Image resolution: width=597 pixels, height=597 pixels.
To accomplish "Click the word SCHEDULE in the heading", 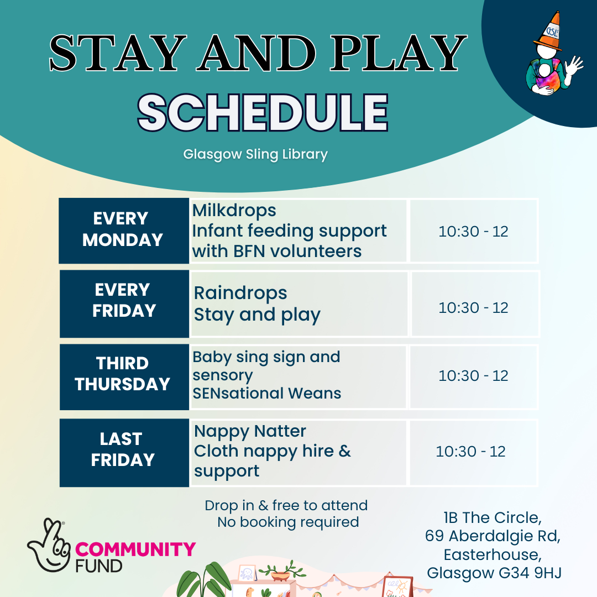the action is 263,113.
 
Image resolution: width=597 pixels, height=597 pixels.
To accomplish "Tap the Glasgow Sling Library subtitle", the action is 255,154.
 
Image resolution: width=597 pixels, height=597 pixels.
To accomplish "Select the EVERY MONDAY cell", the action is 124,231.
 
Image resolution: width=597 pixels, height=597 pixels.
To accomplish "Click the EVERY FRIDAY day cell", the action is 124,304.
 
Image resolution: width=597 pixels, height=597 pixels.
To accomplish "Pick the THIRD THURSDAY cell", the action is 124,377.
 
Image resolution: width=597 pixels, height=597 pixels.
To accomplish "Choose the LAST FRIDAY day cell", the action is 124,453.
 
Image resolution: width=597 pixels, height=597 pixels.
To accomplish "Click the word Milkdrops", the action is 234,211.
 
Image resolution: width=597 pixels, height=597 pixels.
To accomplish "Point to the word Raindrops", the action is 240,293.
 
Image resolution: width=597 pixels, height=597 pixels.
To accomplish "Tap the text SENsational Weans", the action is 266,394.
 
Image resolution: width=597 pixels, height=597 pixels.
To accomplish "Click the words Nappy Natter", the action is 250,431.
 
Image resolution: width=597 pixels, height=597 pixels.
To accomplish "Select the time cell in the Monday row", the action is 473,231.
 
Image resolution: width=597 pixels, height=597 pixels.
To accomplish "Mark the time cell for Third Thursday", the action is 473,376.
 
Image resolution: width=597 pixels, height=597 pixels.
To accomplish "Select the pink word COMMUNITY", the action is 135,549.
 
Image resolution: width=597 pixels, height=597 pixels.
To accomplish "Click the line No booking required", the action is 288,522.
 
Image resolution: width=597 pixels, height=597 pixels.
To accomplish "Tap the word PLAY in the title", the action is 398,53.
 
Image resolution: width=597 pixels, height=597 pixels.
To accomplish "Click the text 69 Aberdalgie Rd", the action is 493,536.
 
